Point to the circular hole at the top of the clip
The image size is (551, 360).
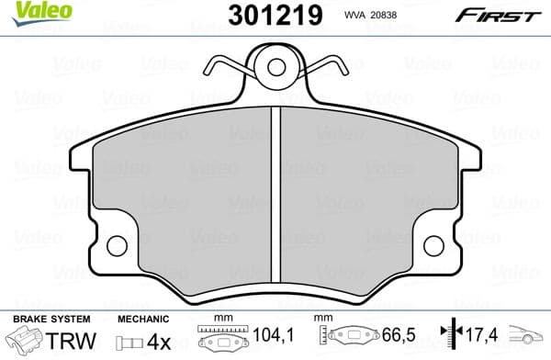pyautogui.click(x=275, y=66)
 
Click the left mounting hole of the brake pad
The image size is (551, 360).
pyautogui.click(x=117, y=246)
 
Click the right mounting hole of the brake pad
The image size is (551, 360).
pyautogui.click(x=434, y=246)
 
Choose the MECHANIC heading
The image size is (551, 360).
pyautogui.click(x=146, y=320)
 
